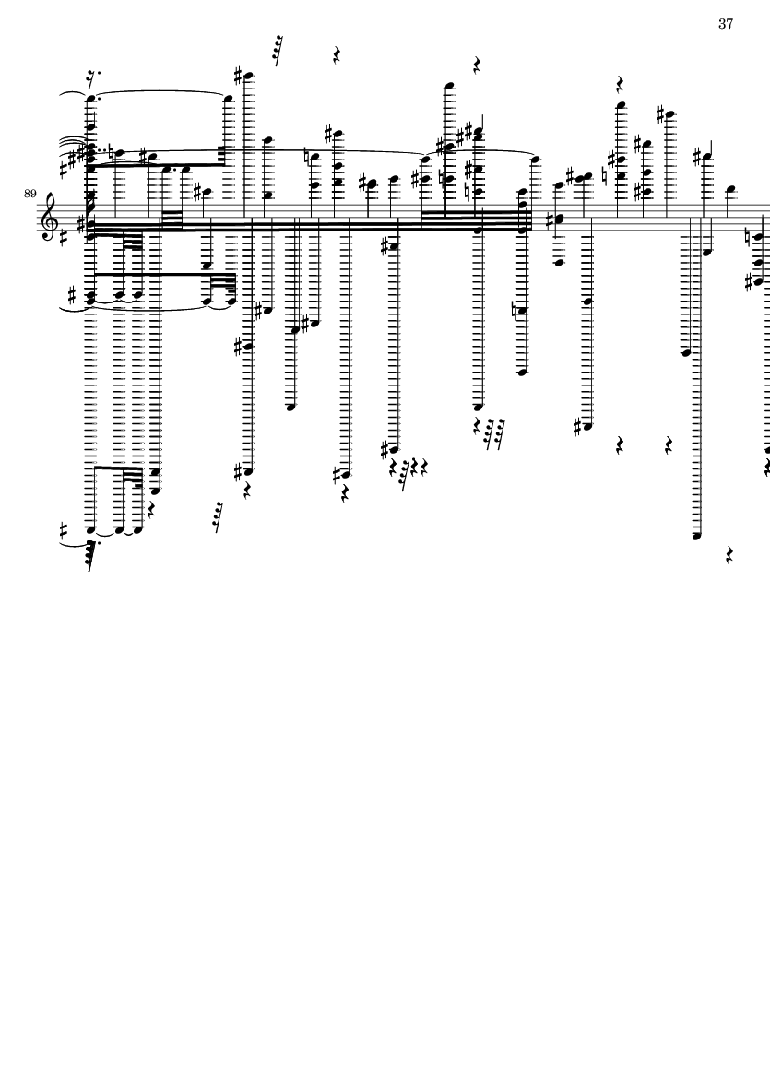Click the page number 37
click(x=726, y=24)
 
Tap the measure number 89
click(x=30, y=193)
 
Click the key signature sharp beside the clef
click(x=65, y=237)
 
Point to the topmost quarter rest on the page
click(x=337, y=55)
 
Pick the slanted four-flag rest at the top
click(x=278, y=50)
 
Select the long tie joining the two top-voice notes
click(x=159, y=92)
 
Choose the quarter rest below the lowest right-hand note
click(x=729, y=555)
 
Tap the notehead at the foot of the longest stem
click(x=697, y=536)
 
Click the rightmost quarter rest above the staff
click(x=620, y=85)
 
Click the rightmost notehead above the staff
click(x=729, y=189)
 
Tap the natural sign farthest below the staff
click(x=515, y=310)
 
